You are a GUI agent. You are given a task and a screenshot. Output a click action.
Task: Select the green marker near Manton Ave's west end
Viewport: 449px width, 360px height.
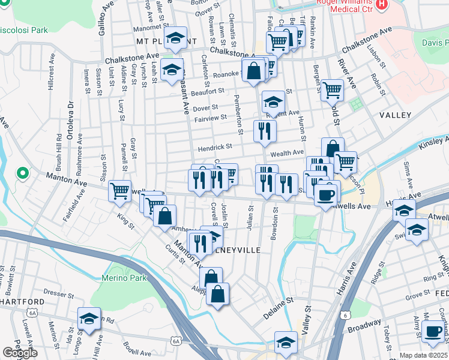point(23,174)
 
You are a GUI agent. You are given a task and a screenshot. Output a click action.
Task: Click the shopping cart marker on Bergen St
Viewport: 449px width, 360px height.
point(332,89)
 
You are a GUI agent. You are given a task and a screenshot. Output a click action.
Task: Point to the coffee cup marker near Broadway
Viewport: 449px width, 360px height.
point(432,331)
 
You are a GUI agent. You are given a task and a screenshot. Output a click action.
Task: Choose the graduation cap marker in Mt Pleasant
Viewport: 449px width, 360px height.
point(175,38)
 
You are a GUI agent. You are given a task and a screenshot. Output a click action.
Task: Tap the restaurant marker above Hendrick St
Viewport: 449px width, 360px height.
point(264,130)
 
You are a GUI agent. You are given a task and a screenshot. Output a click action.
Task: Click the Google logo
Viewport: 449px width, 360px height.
point(20,353)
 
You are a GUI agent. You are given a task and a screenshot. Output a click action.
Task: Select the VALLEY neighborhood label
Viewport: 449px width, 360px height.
point(396,115)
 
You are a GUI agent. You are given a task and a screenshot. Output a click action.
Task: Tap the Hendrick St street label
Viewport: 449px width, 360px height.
point(216,147)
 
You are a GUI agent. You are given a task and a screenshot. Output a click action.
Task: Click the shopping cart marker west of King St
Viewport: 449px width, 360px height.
point(120,191)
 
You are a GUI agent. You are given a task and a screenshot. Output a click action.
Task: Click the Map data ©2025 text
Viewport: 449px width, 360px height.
point(424,355)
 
